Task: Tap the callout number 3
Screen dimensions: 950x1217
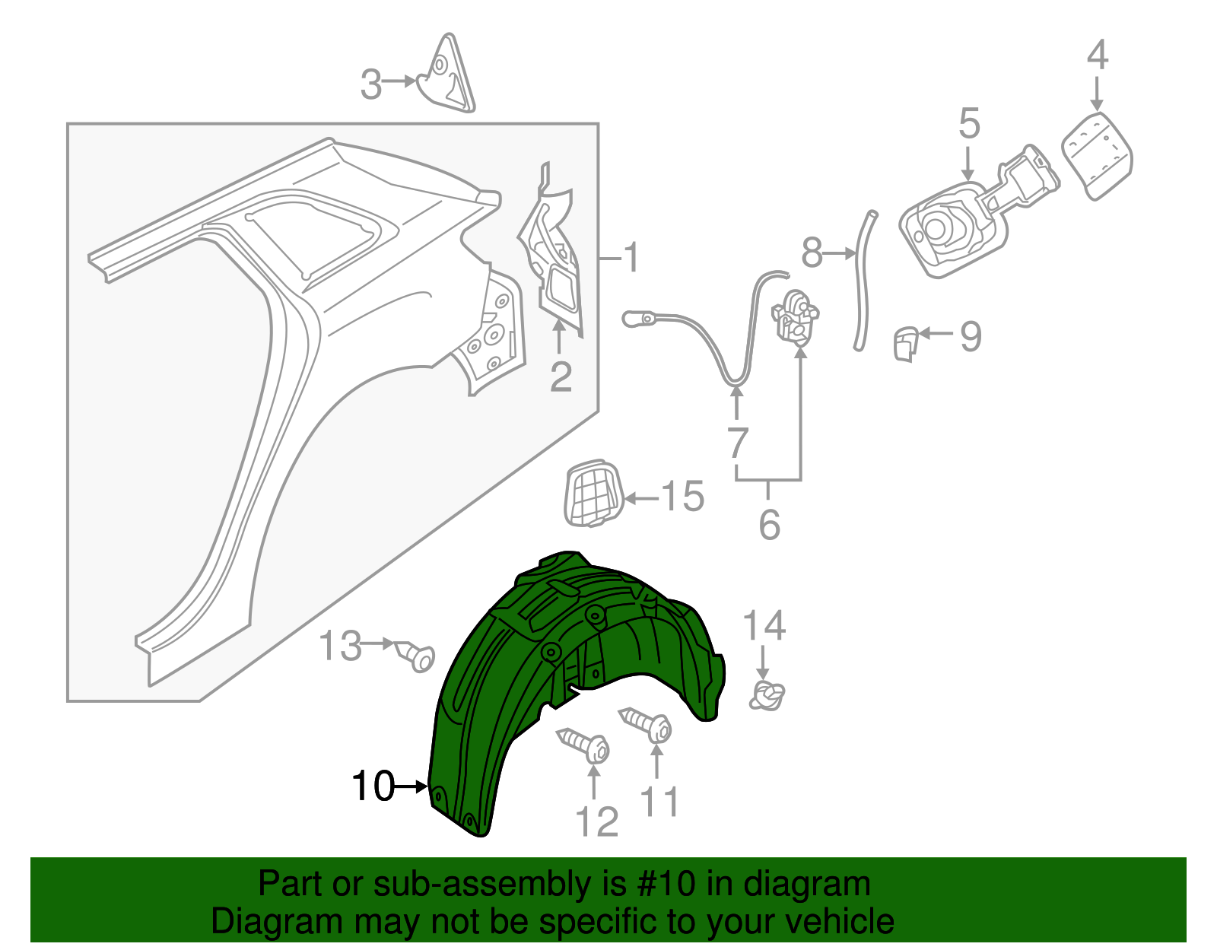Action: (370, 84)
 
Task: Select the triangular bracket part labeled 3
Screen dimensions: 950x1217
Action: (449, 76)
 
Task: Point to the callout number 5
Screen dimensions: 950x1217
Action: (969, 123)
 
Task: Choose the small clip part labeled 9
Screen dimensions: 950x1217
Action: (904, 343)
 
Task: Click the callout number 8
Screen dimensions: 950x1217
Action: (812, 253)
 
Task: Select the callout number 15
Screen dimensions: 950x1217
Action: (683, 497)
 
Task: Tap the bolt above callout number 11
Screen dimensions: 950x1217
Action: (647, 725)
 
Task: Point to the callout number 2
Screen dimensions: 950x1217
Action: (561, 376)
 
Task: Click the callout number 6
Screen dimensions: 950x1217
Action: (769, 524)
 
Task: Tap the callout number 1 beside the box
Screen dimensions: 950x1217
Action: (631, 259)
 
